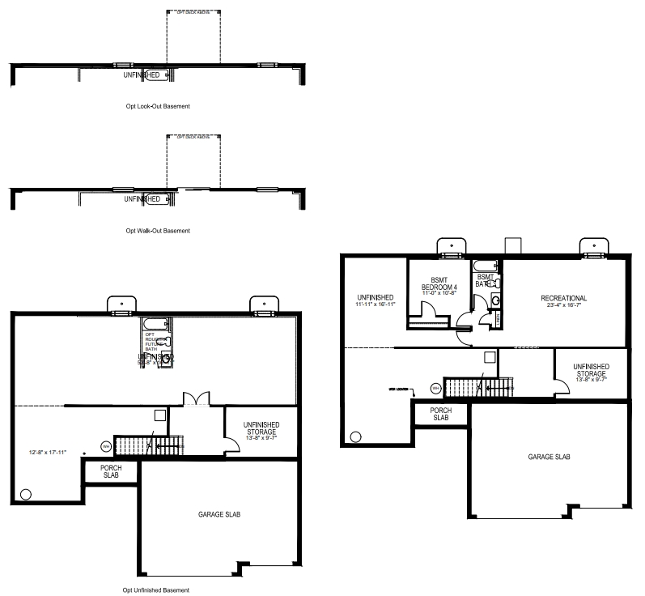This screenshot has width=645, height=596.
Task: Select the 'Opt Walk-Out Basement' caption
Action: tap(158, 231)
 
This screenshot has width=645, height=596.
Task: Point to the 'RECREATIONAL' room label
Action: tap(563, 299)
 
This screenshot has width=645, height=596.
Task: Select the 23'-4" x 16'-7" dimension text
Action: tap(563, 307)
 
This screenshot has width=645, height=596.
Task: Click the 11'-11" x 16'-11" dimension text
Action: tap(375, 304)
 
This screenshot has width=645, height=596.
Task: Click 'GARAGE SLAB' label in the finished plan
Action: tap(549, 457)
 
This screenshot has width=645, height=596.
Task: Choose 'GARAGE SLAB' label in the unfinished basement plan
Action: tap(219, 514)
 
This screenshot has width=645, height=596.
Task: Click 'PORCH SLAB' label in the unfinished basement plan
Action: tap(110, 471)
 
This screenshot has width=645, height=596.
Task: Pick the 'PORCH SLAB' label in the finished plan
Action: tap(440, 414)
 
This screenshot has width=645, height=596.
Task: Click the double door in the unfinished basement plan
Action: tap(196, 398)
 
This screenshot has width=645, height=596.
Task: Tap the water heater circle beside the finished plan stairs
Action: tap(435, 389)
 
